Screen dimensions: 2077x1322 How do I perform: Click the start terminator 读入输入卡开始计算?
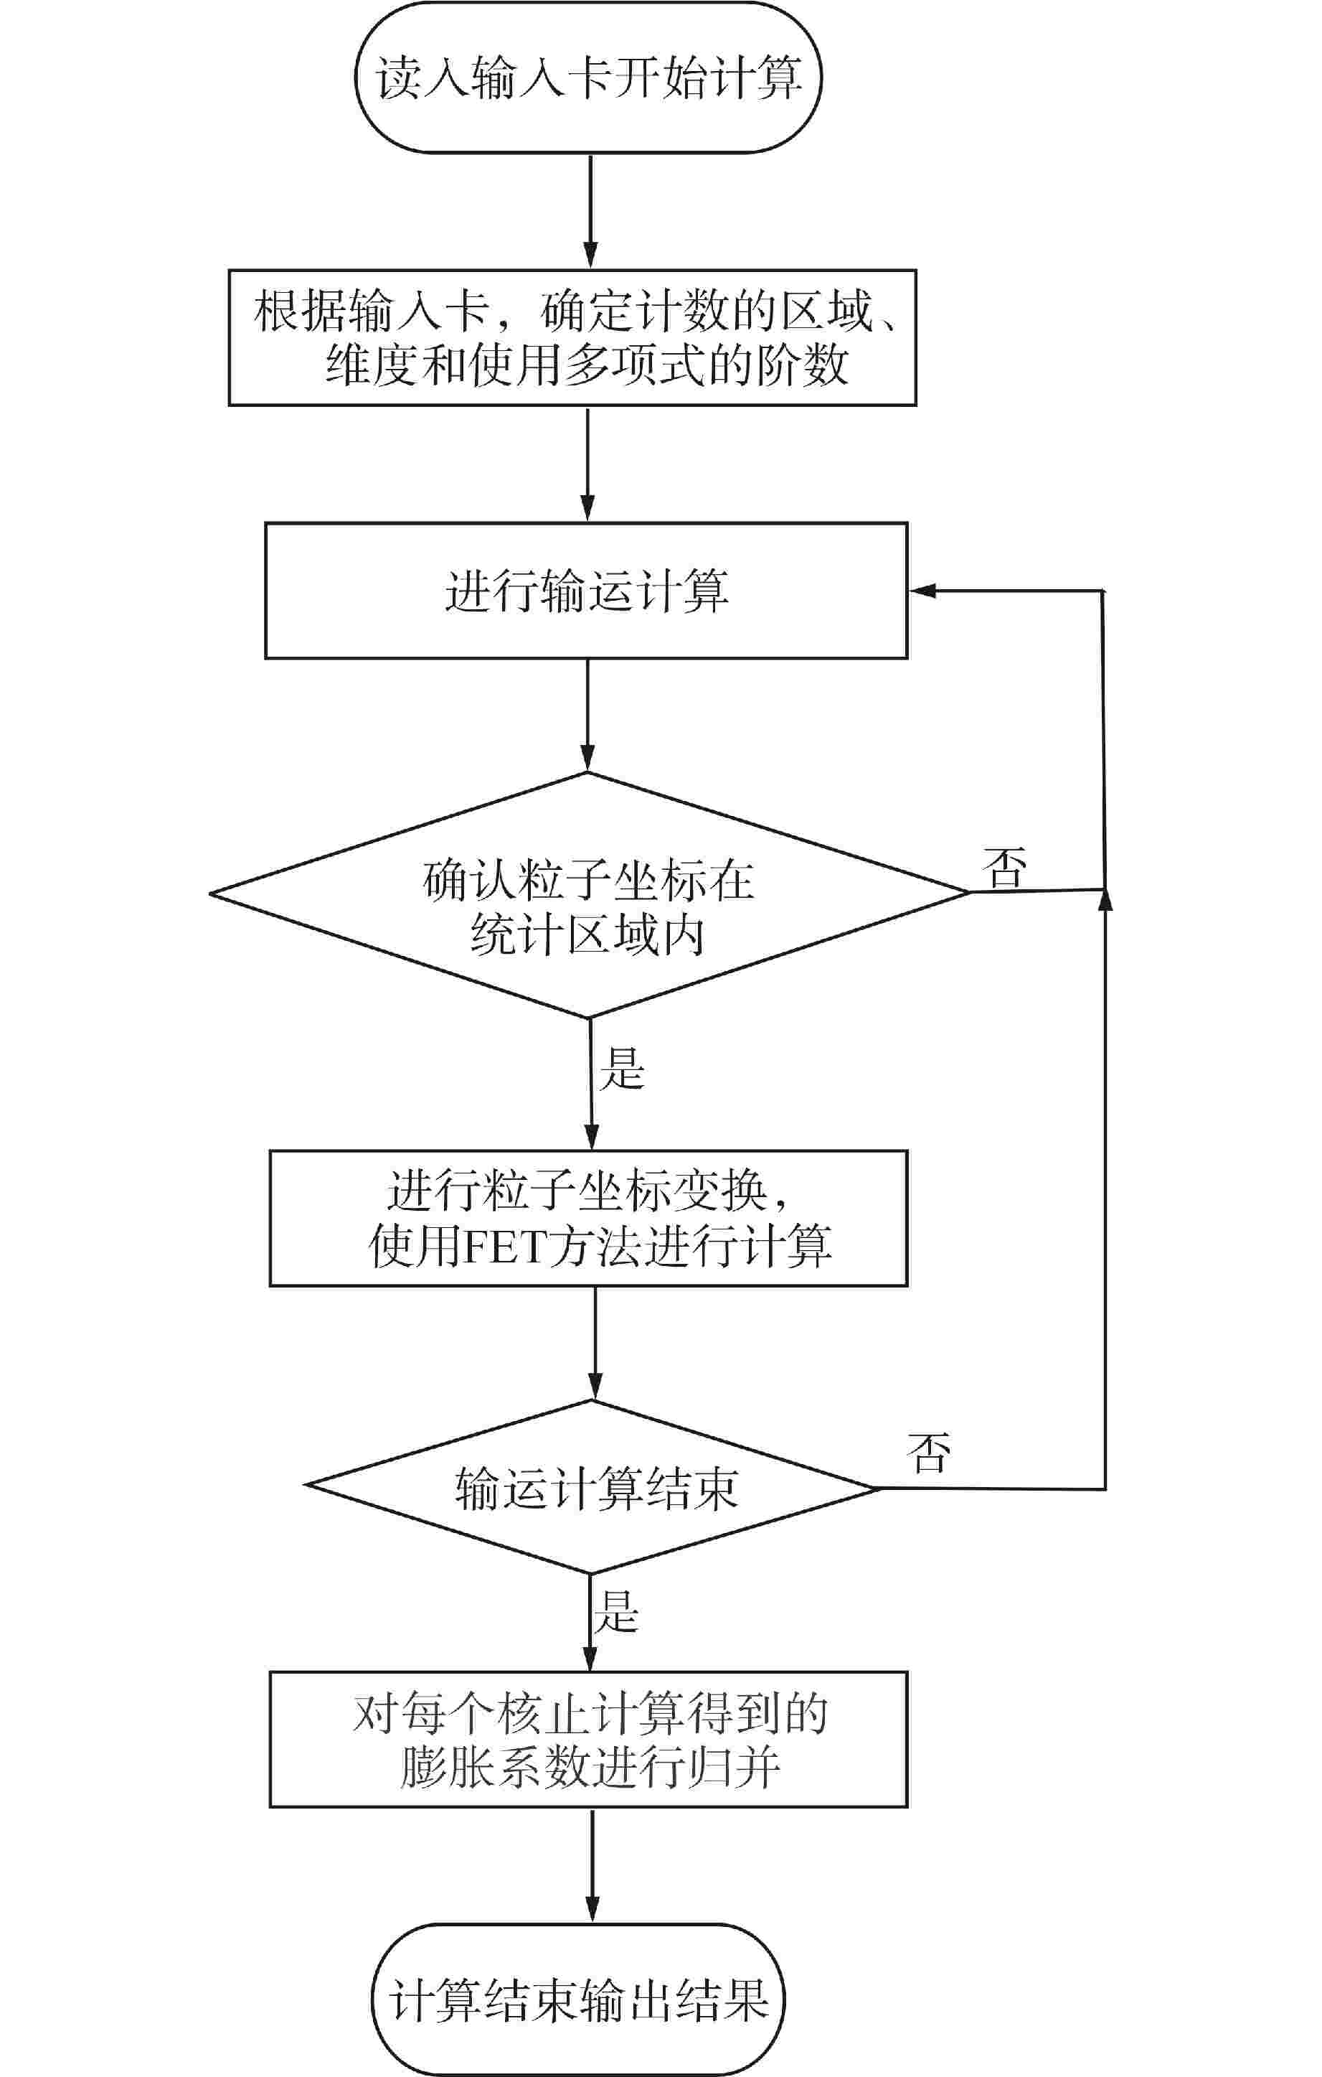[x=589, y=78]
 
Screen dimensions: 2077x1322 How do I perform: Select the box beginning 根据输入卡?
[x=572, y=337]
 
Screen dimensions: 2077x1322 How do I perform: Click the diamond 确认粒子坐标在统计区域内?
[x=589, y=895]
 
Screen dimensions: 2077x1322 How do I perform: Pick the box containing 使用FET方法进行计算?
[x=589, y=1219]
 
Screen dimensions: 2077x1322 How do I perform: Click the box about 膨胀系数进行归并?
[x=589, y=1740]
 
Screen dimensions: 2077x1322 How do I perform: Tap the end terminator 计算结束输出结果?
[x=579, y=1999]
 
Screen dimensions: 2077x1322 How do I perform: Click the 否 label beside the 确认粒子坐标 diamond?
[x=1006, y=867]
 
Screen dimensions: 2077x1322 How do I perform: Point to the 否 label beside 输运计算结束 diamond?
[x=930, y=1453]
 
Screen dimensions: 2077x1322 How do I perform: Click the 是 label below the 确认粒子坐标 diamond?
[x=622, y=1068]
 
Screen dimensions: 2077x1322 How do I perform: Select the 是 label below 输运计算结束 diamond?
[x=615, y=1611]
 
